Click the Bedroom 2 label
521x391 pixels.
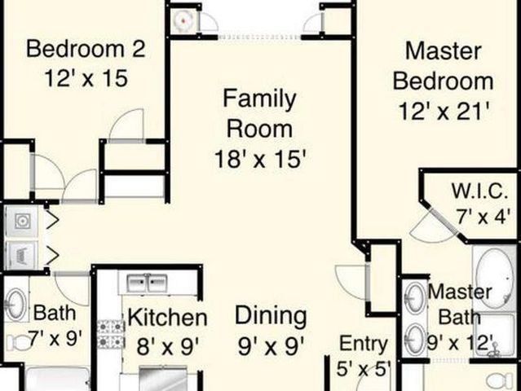[x=86, y=49]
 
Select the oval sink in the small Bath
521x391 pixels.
[x=15, y=305]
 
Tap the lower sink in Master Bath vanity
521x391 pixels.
[x=415, y=338]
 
